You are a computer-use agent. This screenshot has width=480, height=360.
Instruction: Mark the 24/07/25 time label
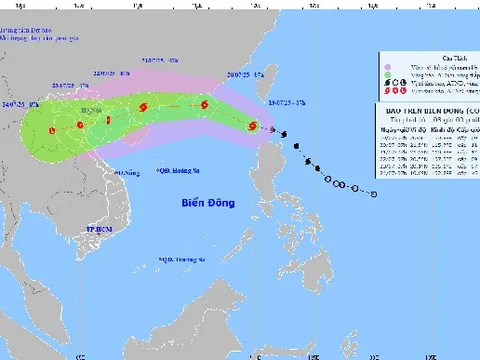21,105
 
